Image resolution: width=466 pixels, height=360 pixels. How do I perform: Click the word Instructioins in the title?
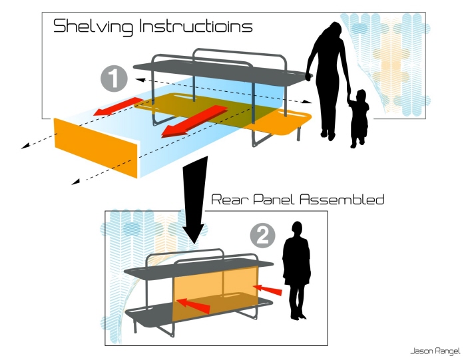(x=196, y=26)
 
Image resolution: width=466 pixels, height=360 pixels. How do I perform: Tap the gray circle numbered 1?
(x=114, y=79)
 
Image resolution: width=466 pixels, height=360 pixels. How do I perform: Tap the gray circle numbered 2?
(x=263, y=236)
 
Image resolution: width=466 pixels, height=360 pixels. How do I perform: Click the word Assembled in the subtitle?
(x=342, y=200)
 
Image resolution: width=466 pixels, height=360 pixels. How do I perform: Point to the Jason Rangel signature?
(x=435, y=351)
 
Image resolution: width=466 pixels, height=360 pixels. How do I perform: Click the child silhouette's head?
(x=361, y=96)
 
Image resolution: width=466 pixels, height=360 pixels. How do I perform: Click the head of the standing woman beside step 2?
(x=297, y=228)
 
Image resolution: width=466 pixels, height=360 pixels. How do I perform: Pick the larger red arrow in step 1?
(x=194, y=122)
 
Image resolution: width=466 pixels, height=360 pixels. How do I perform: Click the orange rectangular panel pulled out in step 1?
(x=96, y=148)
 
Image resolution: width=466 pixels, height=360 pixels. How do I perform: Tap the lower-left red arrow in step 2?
(x=194, y=306)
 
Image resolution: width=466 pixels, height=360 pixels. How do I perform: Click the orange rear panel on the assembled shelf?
(x=216, y=295)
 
